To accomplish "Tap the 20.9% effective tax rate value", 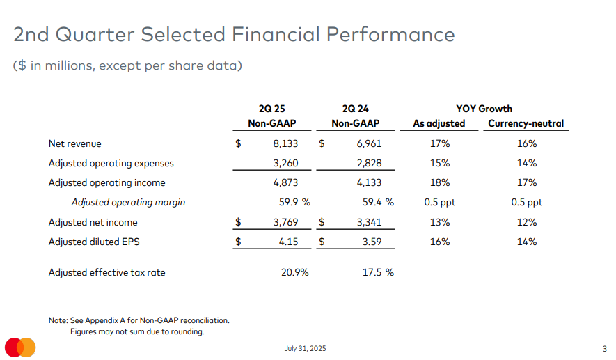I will click(295, 272).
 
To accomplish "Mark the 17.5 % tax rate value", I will click(377, 272).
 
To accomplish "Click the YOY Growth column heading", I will click(484, 109).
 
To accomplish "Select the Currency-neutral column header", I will click(526, 124).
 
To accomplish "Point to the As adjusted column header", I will click(439, 124).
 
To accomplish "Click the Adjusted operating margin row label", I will click(128, 203).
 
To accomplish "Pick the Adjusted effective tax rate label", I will click(106, 272).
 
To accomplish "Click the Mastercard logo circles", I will click(20, 347).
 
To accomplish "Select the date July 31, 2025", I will click(305, 348).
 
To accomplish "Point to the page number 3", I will click(604, 348).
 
